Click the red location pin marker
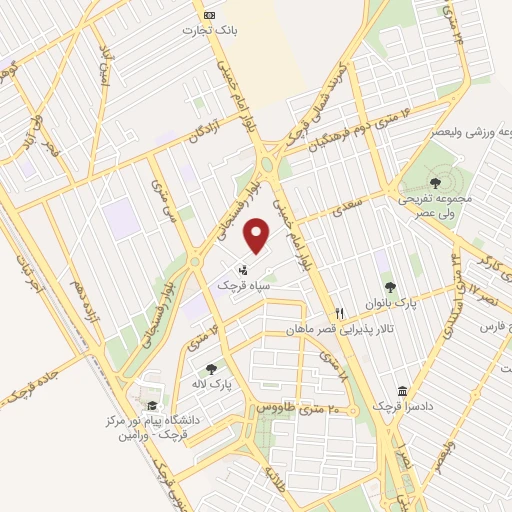point(258,235)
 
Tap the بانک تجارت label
point(210,31)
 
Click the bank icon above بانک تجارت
point(210,15)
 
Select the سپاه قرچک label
point(244,285)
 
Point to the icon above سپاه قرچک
point(244,269)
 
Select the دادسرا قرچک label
point(402,406)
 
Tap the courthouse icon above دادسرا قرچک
point(402,390)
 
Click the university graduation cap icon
point(151,405)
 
